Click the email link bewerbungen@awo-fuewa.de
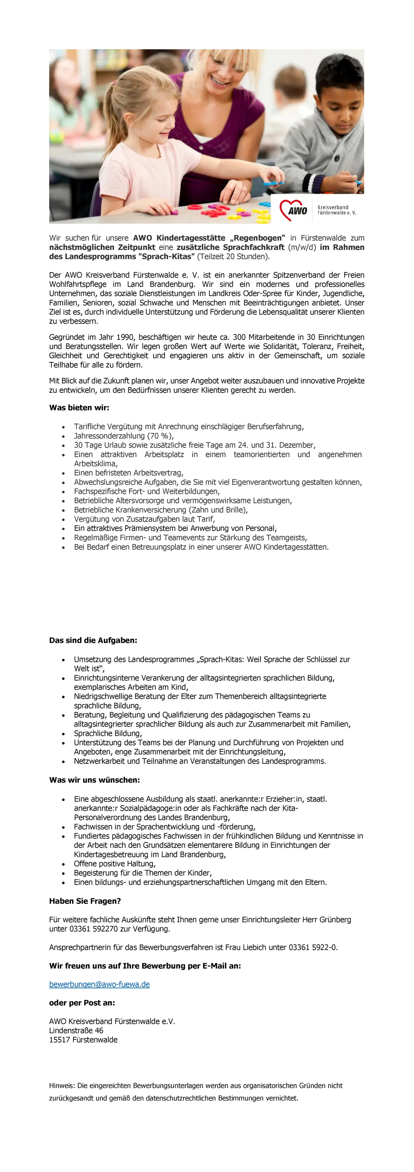pos(99,984)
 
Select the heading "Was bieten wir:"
pos(79,408)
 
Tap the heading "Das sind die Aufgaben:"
pos(93,640)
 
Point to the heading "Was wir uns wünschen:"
pos(94,780)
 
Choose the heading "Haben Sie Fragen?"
pos(85,901)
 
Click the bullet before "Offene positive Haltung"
pos(63,864)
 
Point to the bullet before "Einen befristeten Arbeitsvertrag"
pos(63,473)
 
